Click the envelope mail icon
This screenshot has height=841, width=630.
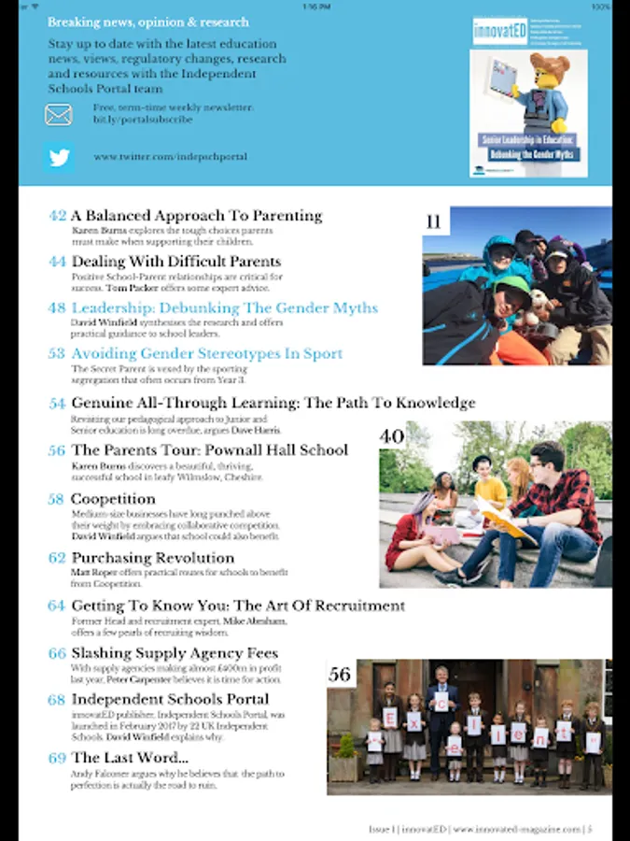pos(58,114)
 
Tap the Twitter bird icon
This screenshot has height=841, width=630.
pos(59,157)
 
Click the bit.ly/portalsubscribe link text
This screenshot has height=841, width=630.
pos(143,120)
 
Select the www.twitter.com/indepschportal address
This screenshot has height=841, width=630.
pos(170,157)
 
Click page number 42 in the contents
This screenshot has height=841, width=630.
pos(58,216)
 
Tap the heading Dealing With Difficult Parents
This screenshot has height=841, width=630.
pos(175,262)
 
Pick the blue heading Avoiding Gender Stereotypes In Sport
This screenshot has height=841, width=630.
pos(206,353)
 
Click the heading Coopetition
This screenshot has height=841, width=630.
pos(113,499)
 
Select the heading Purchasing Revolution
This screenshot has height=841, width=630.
pos(152,558)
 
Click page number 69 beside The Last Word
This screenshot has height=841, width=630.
pos(58,758)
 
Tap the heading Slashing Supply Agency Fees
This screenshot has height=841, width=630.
pos(175,653)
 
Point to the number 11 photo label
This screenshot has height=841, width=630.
pos(433,222)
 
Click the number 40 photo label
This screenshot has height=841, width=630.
pos(392,435)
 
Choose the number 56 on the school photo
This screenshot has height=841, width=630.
pos(340,674)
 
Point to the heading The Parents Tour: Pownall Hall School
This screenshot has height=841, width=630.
pos(209,450)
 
